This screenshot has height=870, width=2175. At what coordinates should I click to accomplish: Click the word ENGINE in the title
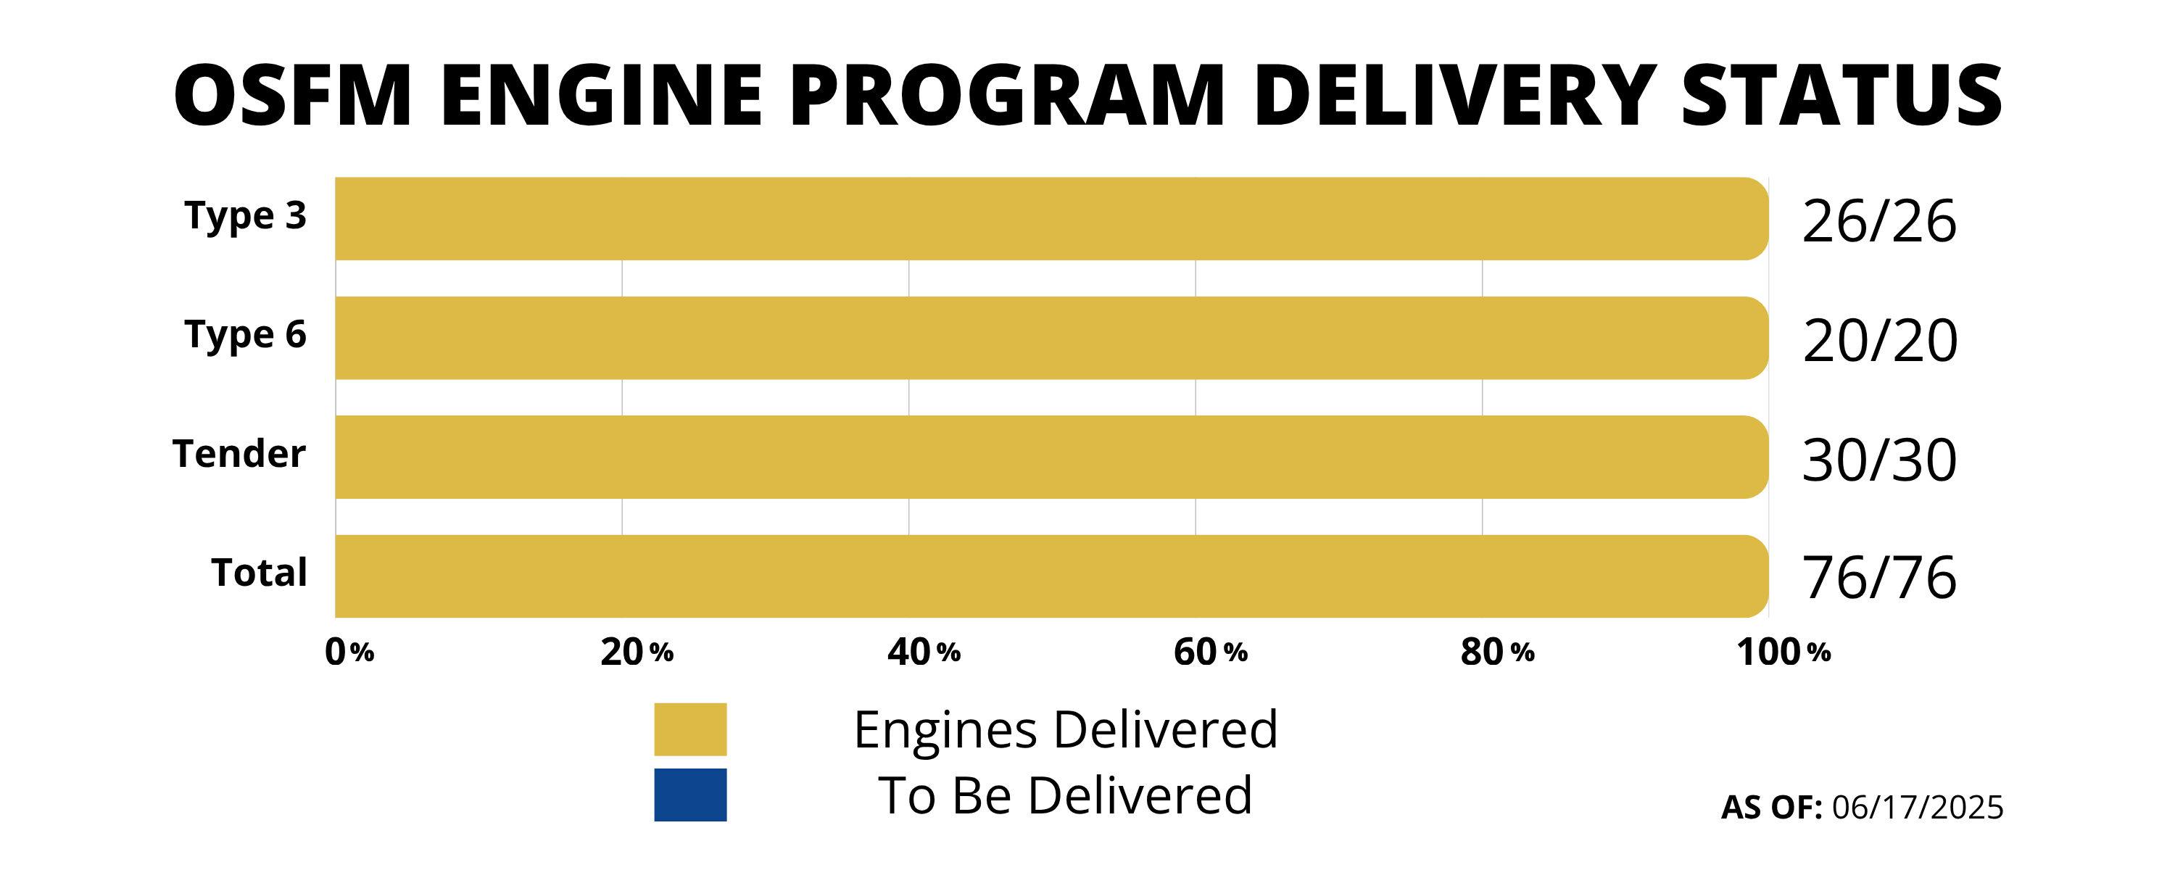pos(600,96)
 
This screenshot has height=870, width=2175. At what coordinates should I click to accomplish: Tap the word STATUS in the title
pos(1841,96)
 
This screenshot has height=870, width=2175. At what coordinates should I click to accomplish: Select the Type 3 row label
pos(245,217)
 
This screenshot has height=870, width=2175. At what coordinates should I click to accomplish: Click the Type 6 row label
pos(245,336)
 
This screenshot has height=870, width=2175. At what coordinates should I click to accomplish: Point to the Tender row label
pos(239,455)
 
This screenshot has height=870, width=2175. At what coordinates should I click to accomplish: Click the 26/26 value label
pos(1878,222)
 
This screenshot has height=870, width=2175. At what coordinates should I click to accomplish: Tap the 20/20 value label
pos(1879,341)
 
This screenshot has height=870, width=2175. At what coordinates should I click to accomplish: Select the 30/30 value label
pos(1878,460)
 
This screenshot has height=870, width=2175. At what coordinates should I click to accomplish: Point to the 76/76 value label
pos(1878,579)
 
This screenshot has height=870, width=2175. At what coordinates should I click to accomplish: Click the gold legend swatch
pos(689,729)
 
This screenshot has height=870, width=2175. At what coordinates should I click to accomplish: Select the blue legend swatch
pos(689,795)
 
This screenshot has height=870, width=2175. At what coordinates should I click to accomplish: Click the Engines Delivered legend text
pos(1066,730)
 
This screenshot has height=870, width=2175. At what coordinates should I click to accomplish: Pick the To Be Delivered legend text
pos(1066,795)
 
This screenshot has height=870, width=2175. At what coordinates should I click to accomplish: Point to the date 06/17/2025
pos(1918,808)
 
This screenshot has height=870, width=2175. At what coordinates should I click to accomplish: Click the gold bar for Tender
pos(1051,457)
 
